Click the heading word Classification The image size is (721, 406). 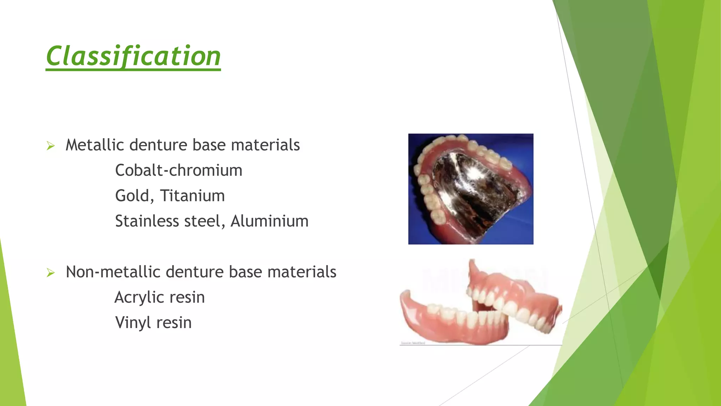pyautogui.click(x=133, y=56)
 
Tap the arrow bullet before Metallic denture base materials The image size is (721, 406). pyautogui.click(x=51, y=146)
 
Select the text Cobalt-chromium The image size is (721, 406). pyautogui.click(x=178, y=171)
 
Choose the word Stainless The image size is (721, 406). pyautogui.click(x=147, y=221)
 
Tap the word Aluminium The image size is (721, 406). pyautogui.click(x=269, y=221)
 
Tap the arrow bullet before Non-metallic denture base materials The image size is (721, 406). pyautogui.click(x=51, y=273)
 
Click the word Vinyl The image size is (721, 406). pyautogui.click(x=132, y=323)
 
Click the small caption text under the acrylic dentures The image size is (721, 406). pyautogui.click(x=413, y=343)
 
